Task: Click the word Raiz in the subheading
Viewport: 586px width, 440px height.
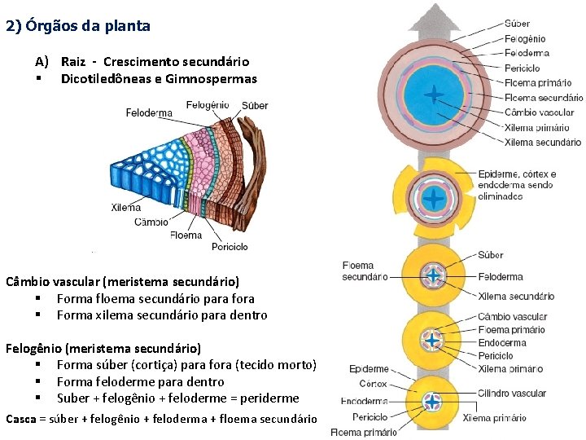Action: point(73,62)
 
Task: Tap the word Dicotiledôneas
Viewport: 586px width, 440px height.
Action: point(106,79)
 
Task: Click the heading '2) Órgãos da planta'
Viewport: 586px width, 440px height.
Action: point(77,25)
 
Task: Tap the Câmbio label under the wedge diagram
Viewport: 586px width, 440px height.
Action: point(151,222)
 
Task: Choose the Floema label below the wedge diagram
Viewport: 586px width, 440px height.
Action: point(186,235)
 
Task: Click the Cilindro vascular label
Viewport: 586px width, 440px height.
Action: point(512,394)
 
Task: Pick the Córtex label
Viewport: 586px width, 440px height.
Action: point(374,384)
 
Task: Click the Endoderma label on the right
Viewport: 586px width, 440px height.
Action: point(502,343)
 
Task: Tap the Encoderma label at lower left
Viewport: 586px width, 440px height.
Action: point(364,401)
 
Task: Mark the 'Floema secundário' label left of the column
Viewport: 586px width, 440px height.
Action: point(365,271)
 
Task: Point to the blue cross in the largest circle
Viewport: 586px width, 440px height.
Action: point(434,95)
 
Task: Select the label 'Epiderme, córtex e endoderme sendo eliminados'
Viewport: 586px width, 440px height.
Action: point(517,185)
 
